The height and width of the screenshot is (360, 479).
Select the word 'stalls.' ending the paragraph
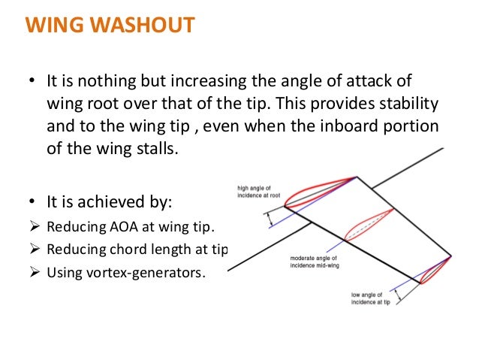[157, 147]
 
